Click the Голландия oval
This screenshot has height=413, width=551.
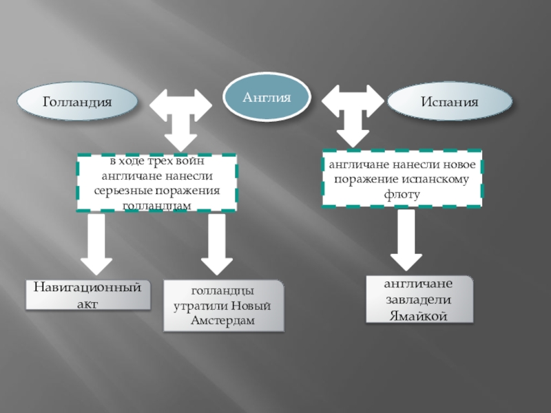(x=77, y=102)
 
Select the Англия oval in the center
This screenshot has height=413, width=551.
(x=267, y=98)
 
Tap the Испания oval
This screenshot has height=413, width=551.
(x=450, y=103)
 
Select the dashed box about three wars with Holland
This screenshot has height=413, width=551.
(x=156, y=182)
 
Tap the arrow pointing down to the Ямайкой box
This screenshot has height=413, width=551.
(x=406, y=241)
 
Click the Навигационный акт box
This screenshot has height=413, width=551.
(x=88, y=294)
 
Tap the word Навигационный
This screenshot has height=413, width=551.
(x=88, y=287)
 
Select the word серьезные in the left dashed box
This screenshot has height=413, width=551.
(x=125, y=190)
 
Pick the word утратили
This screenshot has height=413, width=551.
(x=200, y=306)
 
